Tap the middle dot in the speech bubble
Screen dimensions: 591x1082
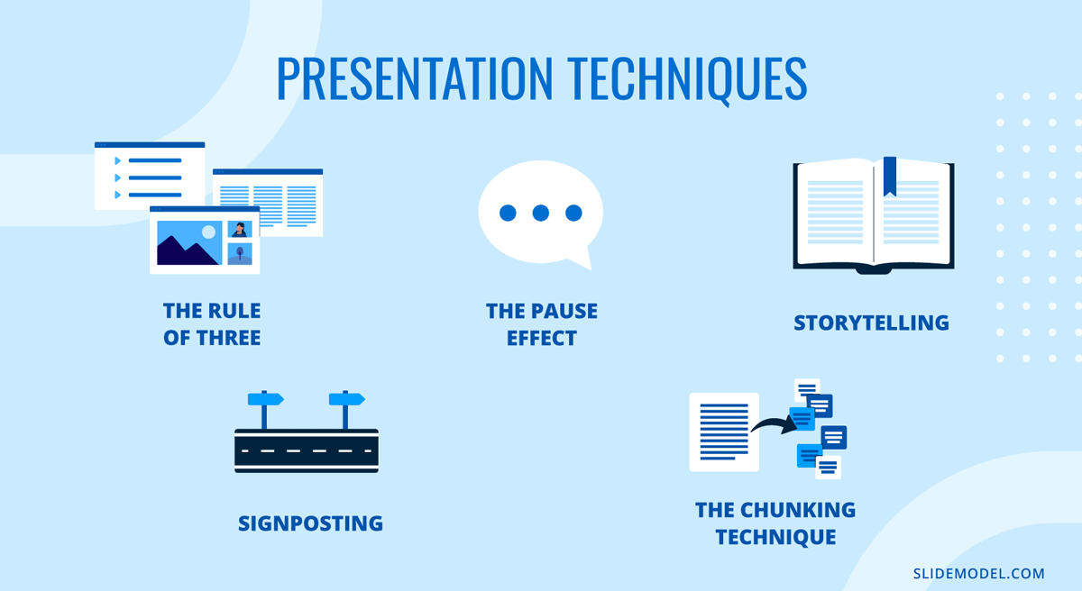541,214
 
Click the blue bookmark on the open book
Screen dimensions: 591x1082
890,175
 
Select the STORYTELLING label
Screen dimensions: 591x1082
871,323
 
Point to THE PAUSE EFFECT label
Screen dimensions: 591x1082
541,325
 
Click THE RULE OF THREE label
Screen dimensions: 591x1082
212,325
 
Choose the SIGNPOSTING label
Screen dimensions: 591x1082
310,523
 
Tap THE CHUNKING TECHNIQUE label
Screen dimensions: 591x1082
775,523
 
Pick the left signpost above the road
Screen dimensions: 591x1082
266,399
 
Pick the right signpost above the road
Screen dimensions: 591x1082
346,399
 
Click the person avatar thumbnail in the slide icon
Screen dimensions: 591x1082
240,229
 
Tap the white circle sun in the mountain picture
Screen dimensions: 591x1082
209,232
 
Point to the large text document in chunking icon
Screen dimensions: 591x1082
724,432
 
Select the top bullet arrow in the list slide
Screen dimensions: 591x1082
117,161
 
